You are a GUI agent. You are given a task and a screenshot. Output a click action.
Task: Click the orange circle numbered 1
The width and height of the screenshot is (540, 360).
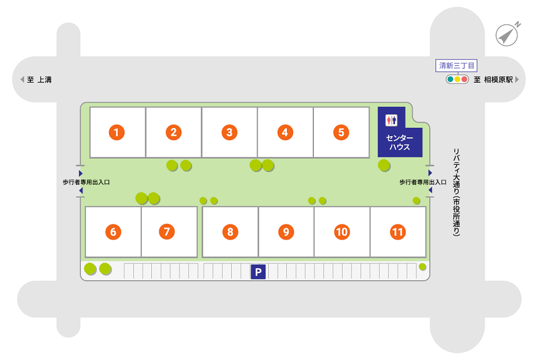coord(116,132)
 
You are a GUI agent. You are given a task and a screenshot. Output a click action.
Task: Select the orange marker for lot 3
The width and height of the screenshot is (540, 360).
coord(229,132)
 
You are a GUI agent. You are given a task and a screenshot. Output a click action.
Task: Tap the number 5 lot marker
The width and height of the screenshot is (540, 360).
coord(341,132)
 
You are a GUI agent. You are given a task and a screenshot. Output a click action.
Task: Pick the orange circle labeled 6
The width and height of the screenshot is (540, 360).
coord(113,231)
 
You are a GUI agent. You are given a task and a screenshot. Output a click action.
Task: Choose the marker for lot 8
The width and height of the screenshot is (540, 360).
coord(230,231)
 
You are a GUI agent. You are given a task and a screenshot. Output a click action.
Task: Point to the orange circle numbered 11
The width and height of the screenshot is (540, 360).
coord(398,231)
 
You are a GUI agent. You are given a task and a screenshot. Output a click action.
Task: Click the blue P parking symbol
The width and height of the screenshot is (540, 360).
coord(258,272)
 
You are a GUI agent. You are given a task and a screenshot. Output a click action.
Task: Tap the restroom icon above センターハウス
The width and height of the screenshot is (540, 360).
coord(391,120)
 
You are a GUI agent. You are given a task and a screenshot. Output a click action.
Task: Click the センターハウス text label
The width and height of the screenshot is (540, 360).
coord(399,142)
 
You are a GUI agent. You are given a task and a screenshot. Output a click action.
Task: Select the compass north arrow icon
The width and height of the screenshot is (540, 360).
coord(507,35)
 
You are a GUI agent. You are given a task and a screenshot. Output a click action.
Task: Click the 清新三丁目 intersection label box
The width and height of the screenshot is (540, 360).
coord(457,65)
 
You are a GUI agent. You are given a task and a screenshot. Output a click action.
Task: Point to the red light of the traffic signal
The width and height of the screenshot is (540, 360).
coord(465,79)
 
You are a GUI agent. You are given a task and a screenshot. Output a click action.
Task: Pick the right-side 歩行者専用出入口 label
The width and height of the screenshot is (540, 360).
coord(423,182)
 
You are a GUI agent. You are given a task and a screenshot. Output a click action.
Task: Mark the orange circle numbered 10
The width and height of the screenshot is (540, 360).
coord(342,231)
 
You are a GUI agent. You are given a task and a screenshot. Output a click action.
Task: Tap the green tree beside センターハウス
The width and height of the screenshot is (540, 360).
coord(384,165)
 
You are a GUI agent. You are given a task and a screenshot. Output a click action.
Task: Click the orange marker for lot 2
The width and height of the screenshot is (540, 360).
coord(173,132)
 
